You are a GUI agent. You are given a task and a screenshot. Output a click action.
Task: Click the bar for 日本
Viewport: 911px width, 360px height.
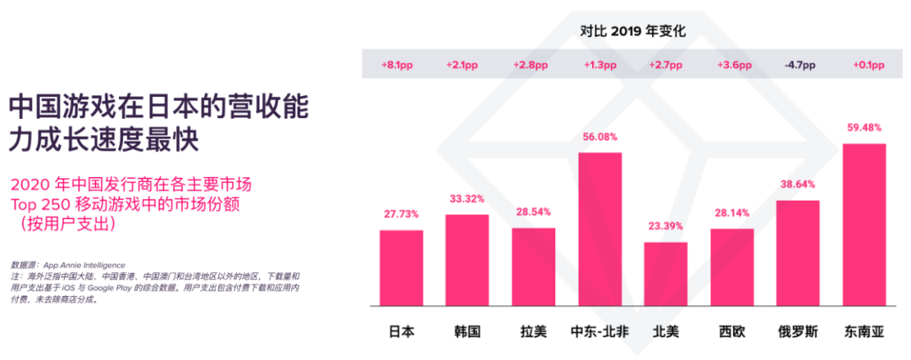pos(401,267)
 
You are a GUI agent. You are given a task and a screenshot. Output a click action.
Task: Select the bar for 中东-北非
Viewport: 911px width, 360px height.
pos(600,228)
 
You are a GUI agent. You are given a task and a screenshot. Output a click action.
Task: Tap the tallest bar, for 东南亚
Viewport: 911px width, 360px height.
pos(864,224)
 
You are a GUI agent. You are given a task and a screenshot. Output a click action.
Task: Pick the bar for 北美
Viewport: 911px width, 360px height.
pos(666,273)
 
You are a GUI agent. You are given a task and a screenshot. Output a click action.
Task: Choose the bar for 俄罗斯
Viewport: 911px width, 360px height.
pos(798,252)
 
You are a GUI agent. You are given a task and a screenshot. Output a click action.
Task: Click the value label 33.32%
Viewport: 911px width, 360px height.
pos(466,199)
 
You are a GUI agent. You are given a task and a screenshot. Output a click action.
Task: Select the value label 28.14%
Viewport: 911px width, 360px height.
pos(731,213)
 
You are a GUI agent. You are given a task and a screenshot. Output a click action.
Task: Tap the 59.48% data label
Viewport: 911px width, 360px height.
pos(864,128)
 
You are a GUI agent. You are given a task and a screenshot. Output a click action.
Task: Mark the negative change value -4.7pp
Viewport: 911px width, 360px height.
pos(799,65)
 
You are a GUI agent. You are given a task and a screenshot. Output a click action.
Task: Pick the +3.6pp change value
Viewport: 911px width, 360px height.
pos(733,65)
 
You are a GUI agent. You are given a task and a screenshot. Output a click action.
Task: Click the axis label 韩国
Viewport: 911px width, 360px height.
pos(466,331)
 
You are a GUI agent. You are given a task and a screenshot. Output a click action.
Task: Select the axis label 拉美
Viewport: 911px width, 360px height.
pos(533,331)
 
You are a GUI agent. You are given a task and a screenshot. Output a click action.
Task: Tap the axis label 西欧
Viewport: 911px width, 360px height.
pos(731,331)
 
